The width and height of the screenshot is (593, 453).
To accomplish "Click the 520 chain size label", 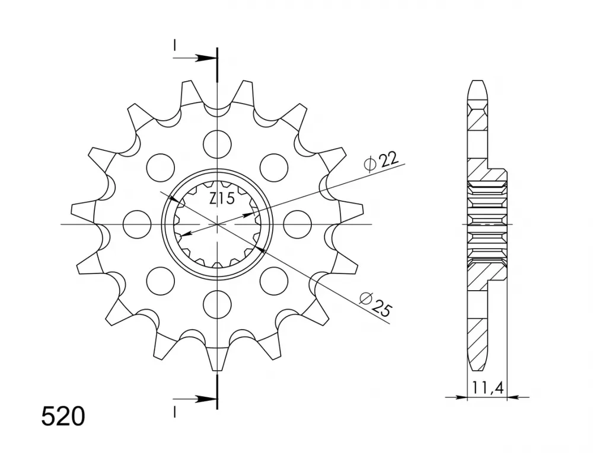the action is point(63,417).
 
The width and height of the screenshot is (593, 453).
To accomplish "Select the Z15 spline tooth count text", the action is point(222,199).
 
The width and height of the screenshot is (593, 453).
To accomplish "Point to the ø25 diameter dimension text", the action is point(376,304).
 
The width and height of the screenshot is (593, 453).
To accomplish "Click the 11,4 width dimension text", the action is point(487,387).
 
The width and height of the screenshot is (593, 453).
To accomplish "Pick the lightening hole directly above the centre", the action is point(216,144).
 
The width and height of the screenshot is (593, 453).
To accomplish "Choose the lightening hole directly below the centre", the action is point(216,304).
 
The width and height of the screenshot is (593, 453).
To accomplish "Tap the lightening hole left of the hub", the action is point(137,224).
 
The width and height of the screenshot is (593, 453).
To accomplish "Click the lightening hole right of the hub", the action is point(297,224).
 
